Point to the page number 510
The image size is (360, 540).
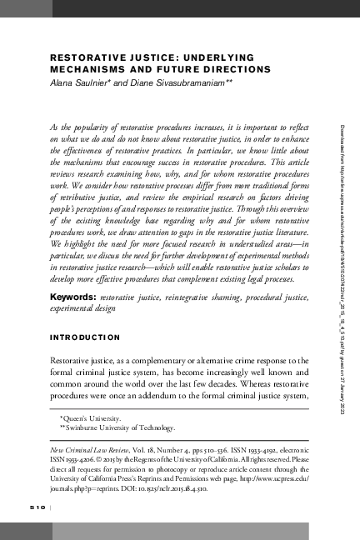pos(38,507)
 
